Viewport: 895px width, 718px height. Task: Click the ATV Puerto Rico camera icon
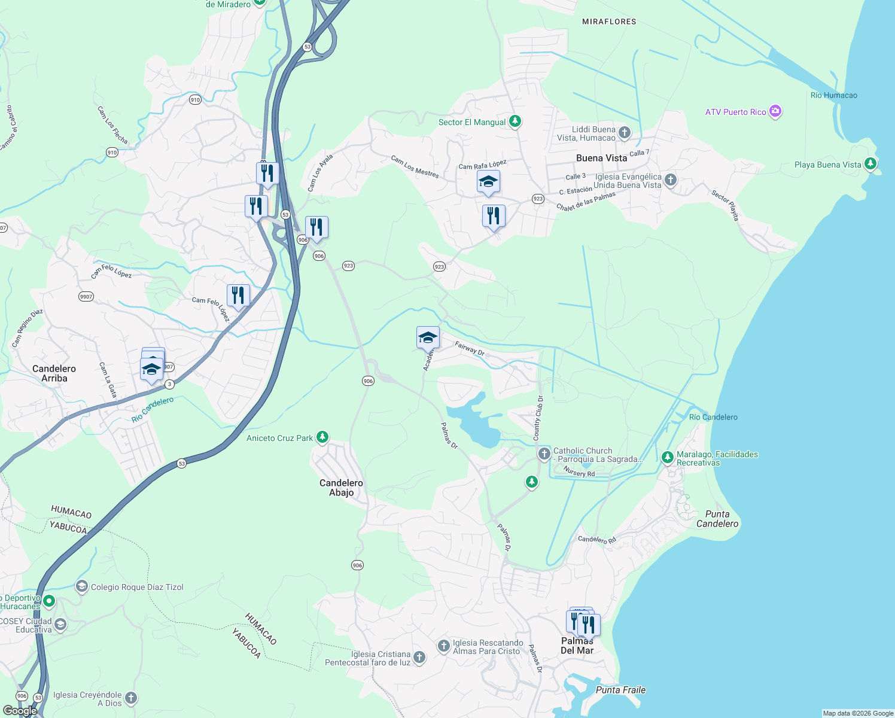[x=775, y=111]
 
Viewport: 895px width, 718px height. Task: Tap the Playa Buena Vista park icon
[x=870, y=163]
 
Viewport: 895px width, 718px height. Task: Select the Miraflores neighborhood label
[x=609, y=22]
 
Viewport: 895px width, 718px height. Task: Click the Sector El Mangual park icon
[x=515, y=121]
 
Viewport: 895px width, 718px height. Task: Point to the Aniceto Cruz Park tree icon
[x=322, y=437]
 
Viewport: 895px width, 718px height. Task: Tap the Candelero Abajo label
[x=341, y=488]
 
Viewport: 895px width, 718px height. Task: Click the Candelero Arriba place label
[x=54, y=373]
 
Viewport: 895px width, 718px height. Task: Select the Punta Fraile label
[x=620, y=690]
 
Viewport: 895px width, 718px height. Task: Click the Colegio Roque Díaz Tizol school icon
[x=82, y=586]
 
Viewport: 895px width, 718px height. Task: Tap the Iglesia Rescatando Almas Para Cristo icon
[x=443, y=646]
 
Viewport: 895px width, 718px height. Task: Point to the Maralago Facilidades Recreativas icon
[x=667, y=458]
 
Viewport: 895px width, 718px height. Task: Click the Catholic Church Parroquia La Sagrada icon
[x=544, y=454]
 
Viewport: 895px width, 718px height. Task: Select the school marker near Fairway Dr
[x=428, y=338]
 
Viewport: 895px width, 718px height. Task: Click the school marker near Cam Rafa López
[x=488, y=182]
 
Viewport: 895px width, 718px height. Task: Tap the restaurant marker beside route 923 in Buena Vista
[x=494, y=215]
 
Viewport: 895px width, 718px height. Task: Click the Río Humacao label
[x=833, y=95]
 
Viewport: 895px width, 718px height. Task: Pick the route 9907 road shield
[x=86, y=296]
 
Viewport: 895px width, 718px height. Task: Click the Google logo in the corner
[x=20, y=711]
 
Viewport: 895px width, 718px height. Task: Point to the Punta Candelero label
[x=717, y=519]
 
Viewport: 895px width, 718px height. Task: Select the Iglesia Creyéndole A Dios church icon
[x=131, y=698]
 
